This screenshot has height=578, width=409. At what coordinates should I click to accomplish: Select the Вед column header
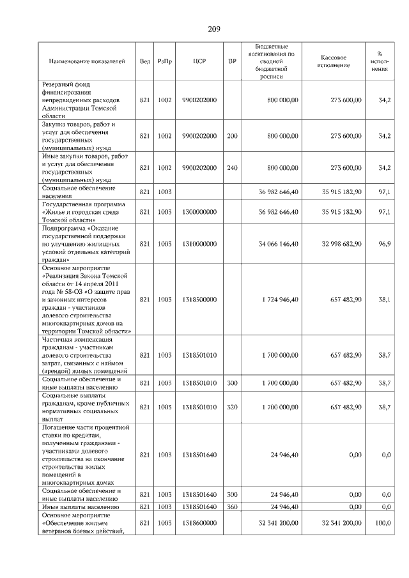[144, 61]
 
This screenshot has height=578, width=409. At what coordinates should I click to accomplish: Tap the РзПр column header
[165, 61]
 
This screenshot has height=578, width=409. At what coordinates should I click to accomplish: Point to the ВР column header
[232, 61]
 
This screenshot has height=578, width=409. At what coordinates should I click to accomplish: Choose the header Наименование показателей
[88, 61]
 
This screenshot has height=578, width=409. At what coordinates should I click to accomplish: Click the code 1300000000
[199, 211]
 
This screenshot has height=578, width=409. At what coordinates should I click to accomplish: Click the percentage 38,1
[385, 299]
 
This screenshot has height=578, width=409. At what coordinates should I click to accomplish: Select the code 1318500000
[199, 299]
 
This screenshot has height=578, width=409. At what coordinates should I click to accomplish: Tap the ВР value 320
[232, 407]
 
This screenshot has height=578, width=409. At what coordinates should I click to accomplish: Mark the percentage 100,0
[383, 523]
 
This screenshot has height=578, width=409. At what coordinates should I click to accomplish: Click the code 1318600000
[199, 523]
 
